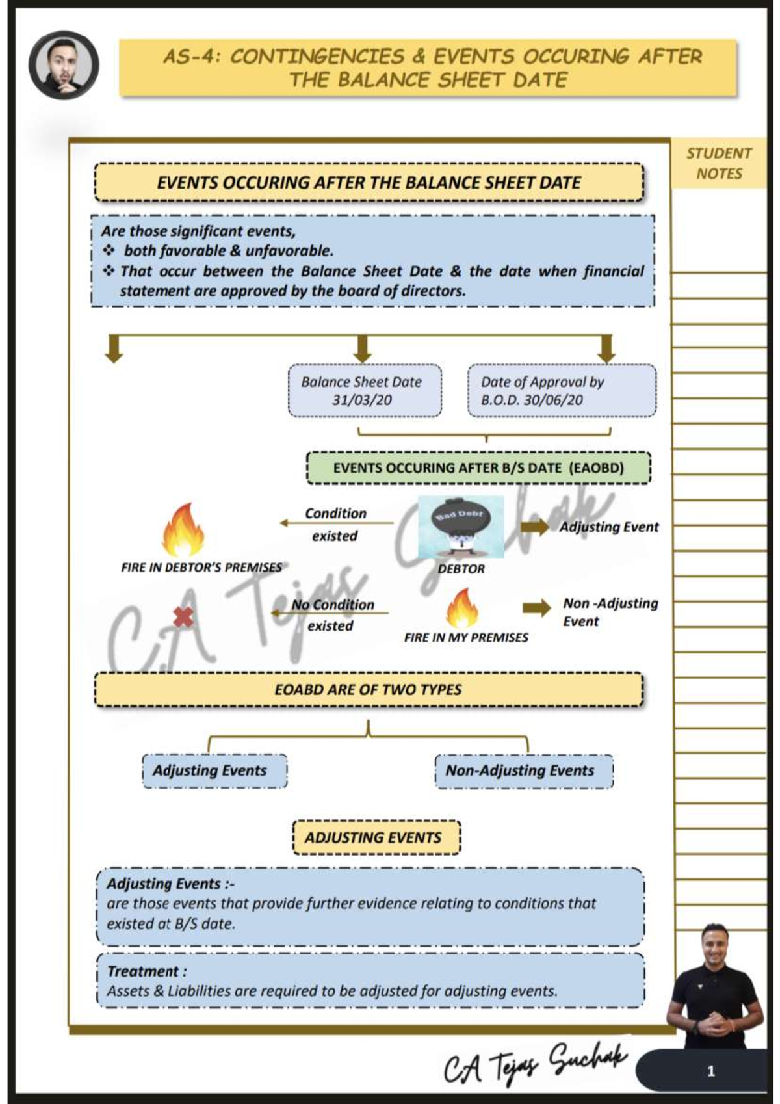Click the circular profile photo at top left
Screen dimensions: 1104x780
click(x=64, y=64)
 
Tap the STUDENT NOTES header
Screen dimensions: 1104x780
click(x=718, y=163)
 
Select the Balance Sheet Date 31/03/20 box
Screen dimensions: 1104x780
click(x=364, y=391)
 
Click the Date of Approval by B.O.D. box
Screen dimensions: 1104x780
click(x=562, y=391)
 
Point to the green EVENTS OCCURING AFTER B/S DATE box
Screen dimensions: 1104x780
click(x=478, y=468)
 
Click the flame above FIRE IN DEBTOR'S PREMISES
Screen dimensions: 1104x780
click(x=184, y=530)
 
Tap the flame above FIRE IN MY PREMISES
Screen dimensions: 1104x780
click(x=462, y=608)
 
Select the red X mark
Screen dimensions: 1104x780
click(x=183, y=616)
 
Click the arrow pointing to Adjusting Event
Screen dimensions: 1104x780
click(x=535, y=527)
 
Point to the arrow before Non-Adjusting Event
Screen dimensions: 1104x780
click(x=536, y=608)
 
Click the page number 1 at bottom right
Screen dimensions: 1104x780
click(x=710, y=1071)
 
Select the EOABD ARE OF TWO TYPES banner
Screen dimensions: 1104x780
click(x=368, y=690)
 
